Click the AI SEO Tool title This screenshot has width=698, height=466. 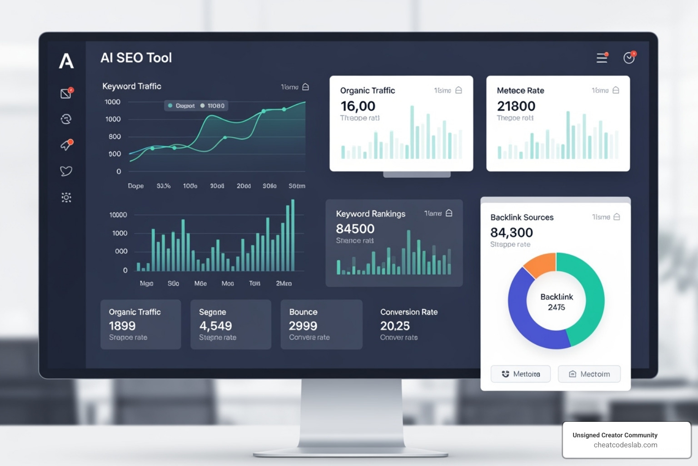[x=136, y=58]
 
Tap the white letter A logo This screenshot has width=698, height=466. [x=66, y=61]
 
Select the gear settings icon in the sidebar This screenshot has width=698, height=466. [x=66, y=198]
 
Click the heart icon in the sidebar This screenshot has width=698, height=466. [x=66, y=171]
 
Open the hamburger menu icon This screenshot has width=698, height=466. [x=602, y=58]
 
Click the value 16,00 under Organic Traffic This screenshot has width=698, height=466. [x=358, y=106]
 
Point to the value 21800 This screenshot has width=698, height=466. [x=516, y=106]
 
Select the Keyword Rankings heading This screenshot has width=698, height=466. [x=370, y=214]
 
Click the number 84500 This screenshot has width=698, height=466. [x=355, y=229]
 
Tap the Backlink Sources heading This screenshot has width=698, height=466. [x=522, y=218]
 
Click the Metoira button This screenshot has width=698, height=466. [x=521, y=374]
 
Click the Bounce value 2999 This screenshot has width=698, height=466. [x=303, y=326]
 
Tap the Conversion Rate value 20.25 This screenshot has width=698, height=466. [x=395, y=326]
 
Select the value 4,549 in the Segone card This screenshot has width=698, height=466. [x=215, y=326]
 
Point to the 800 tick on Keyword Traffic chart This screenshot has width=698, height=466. [x=115, y=137]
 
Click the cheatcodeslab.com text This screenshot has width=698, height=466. [x=625, y=445]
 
